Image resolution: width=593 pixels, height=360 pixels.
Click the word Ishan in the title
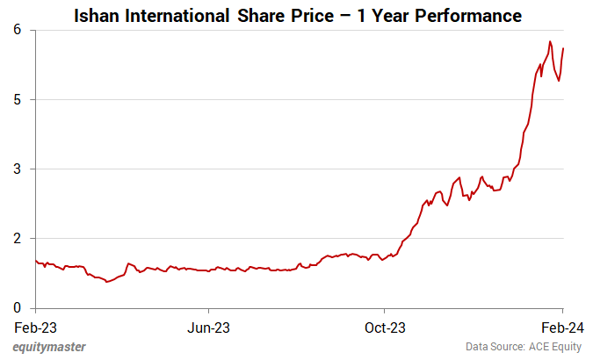pyautogui.click(x=98, y=16)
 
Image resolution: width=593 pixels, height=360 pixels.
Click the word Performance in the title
pyautogui.click(x=466, y=16)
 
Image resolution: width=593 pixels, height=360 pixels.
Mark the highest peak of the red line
pyautogui.click(x=550, y=41)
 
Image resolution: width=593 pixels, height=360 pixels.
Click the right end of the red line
pyautogui.click(x=562, y=48)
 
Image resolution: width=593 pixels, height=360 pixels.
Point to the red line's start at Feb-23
pyautogui.click(x=35, y=261)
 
